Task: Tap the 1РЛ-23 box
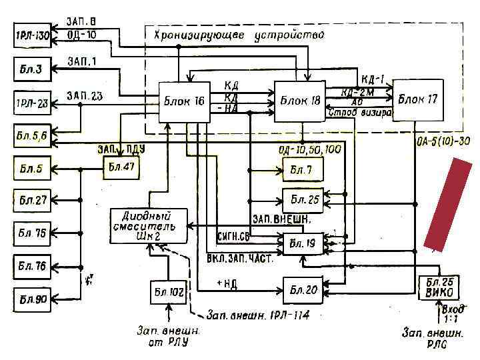coord(32,103)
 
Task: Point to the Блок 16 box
coord(184,101)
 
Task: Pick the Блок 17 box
coord(418,99)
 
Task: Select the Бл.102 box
coord(169,291)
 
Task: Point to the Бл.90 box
coord(32,299)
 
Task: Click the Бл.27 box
coord(32,201)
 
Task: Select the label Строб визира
coord(361,113)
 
